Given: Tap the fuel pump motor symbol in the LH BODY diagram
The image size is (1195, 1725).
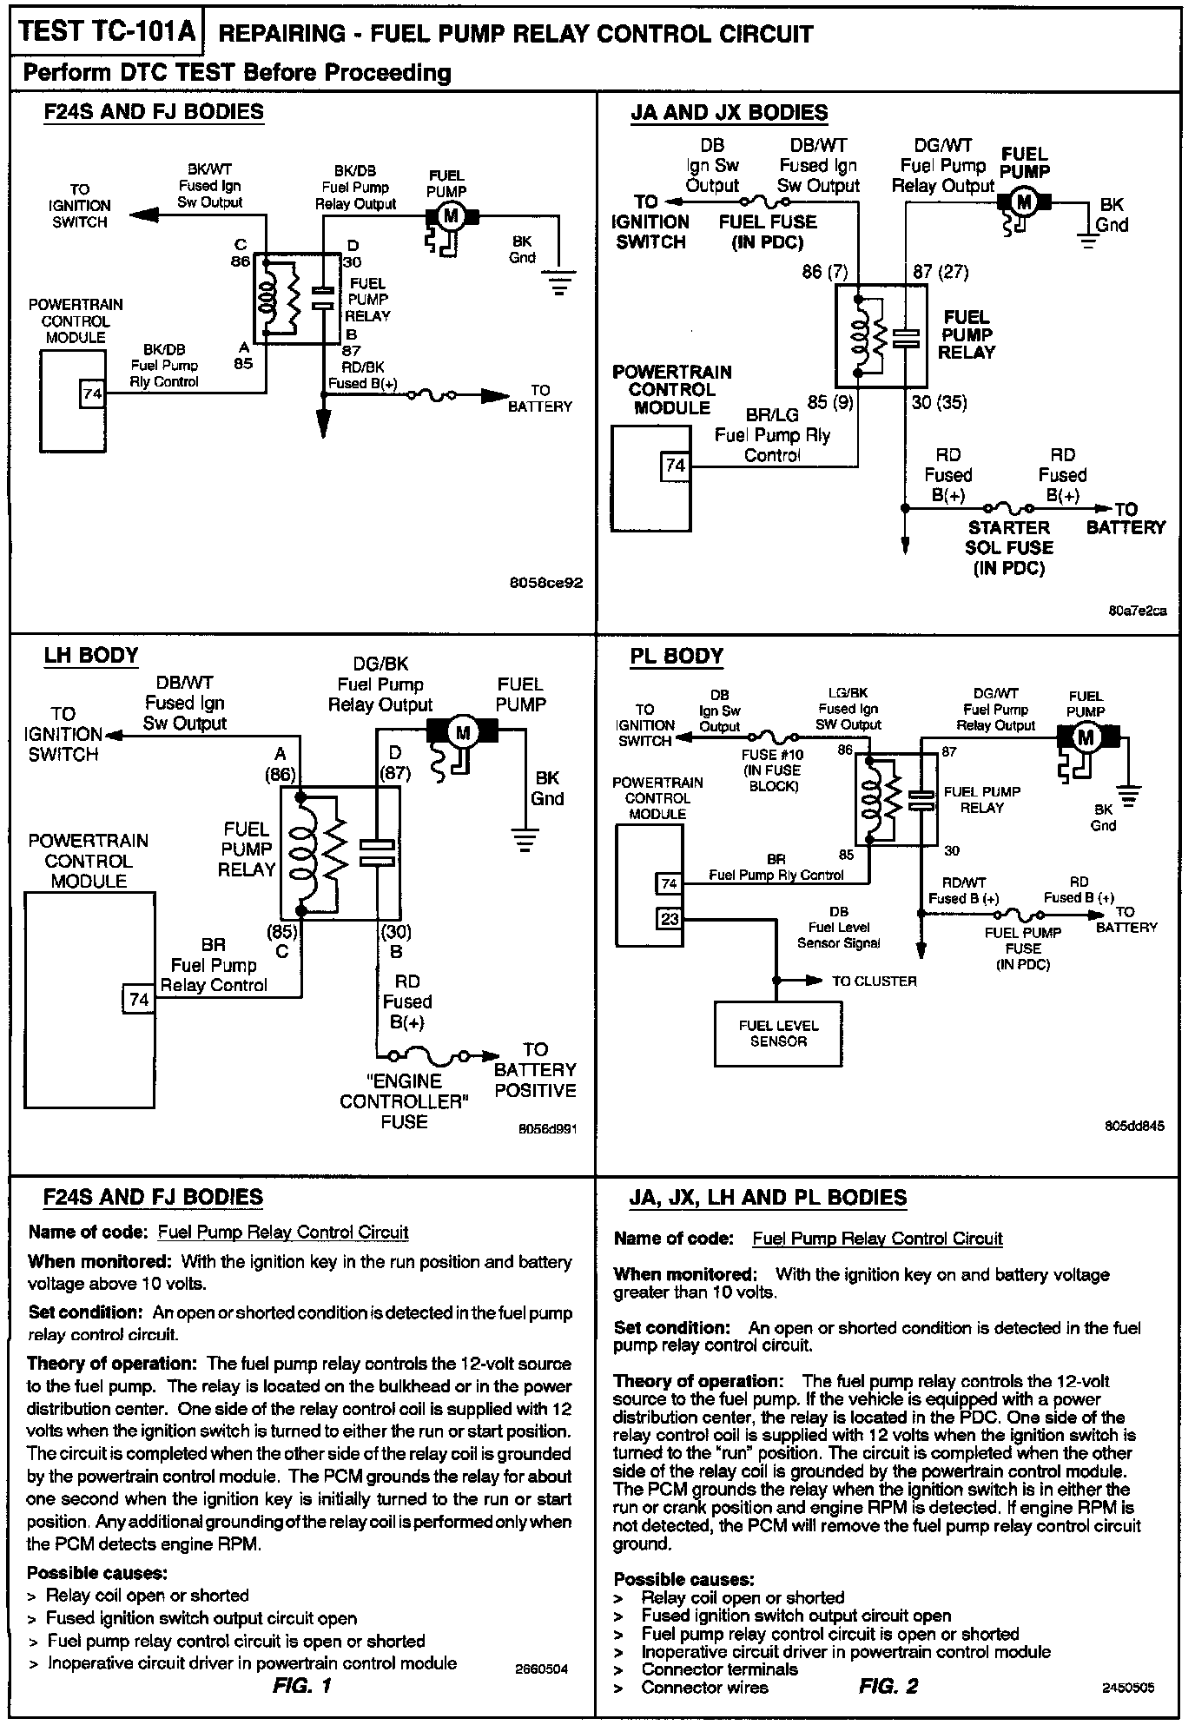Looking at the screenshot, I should click(x=462, y=732).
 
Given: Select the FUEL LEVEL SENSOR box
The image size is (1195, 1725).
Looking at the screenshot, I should click(x=778, y=1034).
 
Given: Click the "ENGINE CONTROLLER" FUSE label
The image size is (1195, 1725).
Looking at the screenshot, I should click(x=405, y=1101).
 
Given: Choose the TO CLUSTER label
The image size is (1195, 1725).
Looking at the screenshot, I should click(x=874, y=981).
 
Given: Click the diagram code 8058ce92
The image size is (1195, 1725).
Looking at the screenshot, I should click(x=546, y=584).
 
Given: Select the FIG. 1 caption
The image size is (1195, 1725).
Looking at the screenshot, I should click(x=301, y=1686).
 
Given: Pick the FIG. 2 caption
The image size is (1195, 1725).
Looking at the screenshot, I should click(x=888, y=1686).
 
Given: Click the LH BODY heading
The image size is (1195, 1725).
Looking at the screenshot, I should click(x=91, y=655).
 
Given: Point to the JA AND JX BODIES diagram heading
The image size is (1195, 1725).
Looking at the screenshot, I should click(x=729, y=113).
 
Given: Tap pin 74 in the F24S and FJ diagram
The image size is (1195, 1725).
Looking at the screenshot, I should click(x=92, y=394).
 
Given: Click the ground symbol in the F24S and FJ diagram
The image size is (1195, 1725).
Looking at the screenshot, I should click(x=558, y=281).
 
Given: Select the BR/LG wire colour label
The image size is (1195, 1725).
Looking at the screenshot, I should click(x=772, y=415).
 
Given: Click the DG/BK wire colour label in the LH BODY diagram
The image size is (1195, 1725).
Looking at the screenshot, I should click(x=380, y=664).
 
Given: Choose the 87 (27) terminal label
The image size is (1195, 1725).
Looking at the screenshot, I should click(x=941, y=272).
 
